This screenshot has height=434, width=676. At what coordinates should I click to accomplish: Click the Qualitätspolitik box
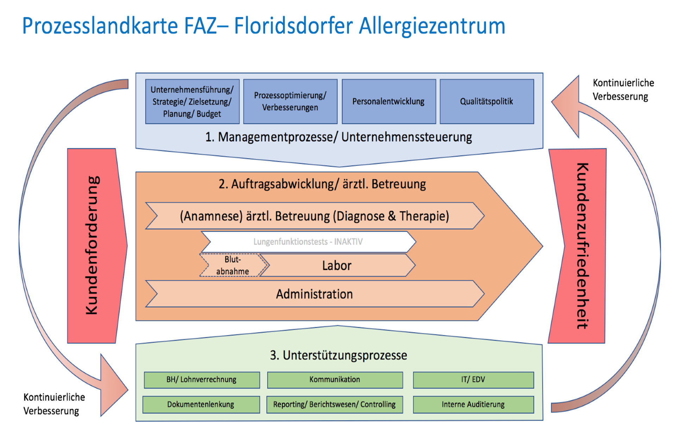pos(487,101)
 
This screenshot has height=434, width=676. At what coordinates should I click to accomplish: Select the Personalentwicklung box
pos(389,101)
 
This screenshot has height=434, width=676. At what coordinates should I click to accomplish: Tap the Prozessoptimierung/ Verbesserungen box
pos(290,101)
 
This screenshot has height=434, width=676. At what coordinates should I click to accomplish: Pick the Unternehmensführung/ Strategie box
pos(192,101)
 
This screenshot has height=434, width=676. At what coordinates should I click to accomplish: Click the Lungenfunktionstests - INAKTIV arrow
pos(308,242)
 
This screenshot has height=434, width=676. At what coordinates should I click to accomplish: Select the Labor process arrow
pos(337,265)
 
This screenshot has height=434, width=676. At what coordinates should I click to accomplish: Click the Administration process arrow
pos(315,294)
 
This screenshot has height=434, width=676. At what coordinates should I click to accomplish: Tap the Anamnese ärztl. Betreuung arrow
pos(315,216)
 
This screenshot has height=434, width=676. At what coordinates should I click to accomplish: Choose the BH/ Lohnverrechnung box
pos(202,380)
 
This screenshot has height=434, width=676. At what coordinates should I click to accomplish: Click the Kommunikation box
pos(335,380)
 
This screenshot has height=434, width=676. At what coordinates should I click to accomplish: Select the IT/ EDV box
pos(473,380)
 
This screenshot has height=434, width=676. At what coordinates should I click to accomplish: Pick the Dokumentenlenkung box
pos(201,404)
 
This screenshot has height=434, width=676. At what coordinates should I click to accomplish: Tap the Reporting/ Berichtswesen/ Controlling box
pos(334,404)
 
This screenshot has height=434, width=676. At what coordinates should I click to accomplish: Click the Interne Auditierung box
pos(473,404)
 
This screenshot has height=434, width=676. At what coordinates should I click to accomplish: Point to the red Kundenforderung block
pos(95,245)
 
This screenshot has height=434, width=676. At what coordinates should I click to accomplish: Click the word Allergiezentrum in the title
pos(432,26)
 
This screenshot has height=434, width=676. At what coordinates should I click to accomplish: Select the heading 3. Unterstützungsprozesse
pos(338,355)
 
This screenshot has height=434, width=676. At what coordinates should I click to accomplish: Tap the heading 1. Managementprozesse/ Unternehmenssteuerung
pos(338,137)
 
